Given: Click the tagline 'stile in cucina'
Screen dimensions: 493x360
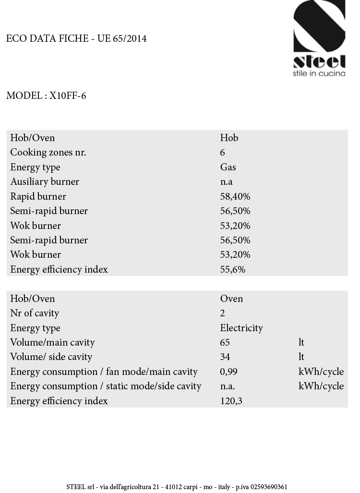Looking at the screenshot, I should tap(319, 73).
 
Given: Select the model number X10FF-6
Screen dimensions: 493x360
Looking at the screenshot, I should tap(68, 96).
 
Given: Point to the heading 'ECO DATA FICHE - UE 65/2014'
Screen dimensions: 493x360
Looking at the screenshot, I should tap(76, 38).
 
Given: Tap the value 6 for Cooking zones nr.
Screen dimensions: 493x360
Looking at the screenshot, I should tap(223, 153).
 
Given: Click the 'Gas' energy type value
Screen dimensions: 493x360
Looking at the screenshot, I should tap(228, 167).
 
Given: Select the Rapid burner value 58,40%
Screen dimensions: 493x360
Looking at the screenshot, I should tap(235, 196).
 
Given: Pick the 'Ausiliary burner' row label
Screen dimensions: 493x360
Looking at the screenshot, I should tap(45, 181).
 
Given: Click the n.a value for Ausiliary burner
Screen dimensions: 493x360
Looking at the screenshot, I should tap(227, 182).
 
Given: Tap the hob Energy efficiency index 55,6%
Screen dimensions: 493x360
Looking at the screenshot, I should tap(233, 269).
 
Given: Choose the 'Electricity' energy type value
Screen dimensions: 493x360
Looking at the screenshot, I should tap(241, 328).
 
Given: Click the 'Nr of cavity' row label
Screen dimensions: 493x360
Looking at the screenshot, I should tap(35, 313).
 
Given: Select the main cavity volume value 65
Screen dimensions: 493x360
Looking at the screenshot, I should tap(225, 342).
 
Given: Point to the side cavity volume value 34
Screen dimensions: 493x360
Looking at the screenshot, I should tap(225, 357).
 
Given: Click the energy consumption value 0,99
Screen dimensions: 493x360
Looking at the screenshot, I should tap(229, 372).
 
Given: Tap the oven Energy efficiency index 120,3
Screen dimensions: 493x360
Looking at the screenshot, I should tap(231, 401).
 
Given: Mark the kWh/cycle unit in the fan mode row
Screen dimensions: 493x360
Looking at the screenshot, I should tap(321, 372).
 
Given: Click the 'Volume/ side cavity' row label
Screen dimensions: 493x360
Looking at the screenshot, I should tap(51, 357).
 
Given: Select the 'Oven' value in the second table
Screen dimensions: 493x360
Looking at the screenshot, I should tap(231, 299).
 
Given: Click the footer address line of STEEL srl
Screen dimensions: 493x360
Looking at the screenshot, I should tap(177, 487).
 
